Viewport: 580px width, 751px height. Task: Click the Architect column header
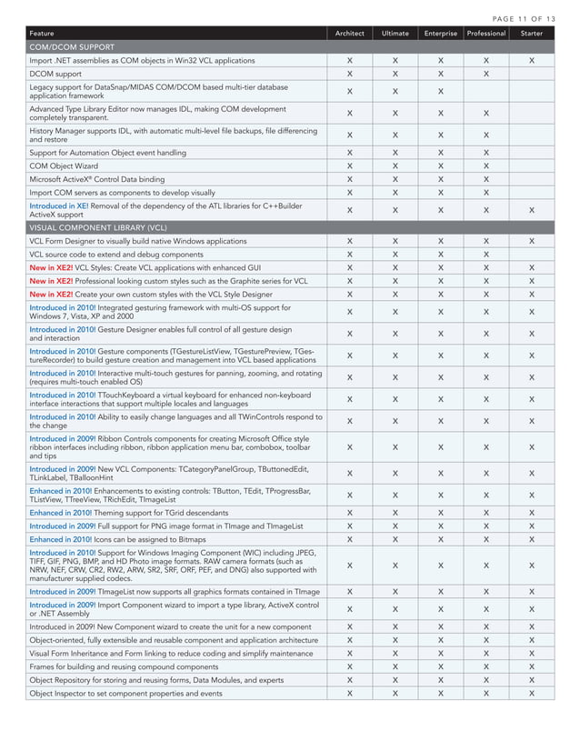[349, 34]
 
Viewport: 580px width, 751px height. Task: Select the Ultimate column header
[395, 34]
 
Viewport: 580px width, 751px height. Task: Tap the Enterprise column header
[440, 34]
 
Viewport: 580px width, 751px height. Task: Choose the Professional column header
[485, 34]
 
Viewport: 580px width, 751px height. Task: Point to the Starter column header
[532, 34]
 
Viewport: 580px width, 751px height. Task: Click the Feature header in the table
[42, 34]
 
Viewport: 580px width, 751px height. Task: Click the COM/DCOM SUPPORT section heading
[72, 46]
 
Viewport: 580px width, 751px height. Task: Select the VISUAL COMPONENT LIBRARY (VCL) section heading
[98, 227]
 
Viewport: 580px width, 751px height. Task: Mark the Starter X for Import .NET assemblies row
[532, 60]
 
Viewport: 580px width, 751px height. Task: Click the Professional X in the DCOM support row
[485, 73]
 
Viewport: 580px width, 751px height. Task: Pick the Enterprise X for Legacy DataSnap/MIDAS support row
[440, 91]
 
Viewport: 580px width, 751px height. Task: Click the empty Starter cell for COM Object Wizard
[532, 166]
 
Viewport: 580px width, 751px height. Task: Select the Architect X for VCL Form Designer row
[349, 241]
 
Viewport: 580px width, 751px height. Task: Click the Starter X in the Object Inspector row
[532, 693]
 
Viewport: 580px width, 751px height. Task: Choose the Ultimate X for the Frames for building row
[395, 666]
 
